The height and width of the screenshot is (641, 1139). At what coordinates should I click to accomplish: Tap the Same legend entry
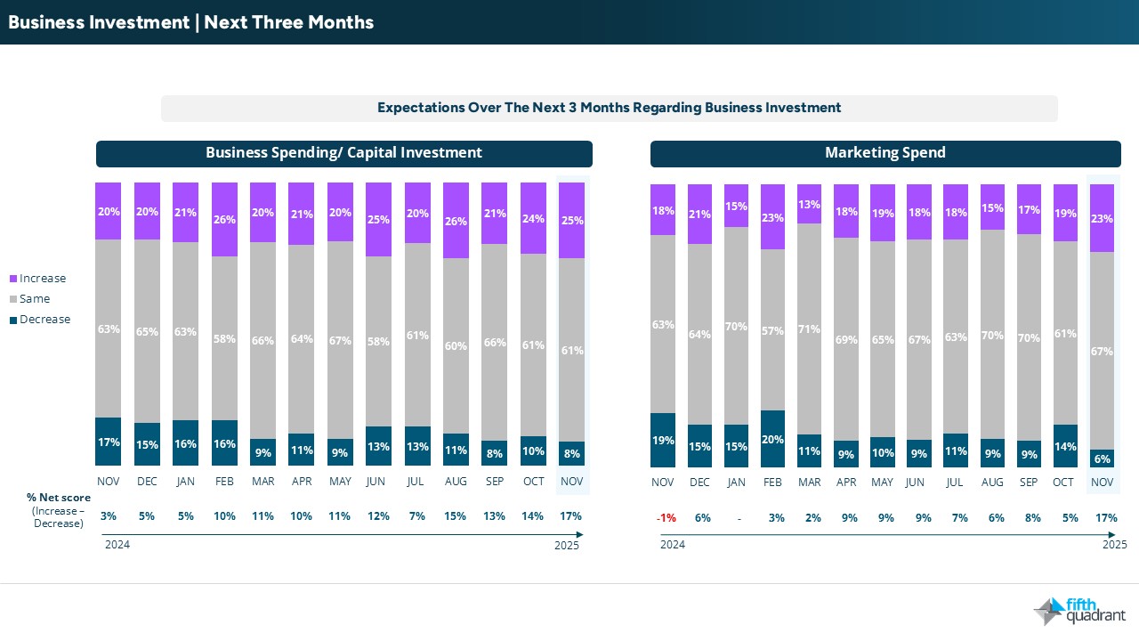tap(35, 299)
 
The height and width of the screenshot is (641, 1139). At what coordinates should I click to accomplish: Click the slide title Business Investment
tap(190, 22)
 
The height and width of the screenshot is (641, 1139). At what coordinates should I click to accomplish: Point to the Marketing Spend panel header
tap(885, 153)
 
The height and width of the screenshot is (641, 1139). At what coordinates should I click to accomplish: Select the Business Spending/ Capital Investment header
tap(343, 153)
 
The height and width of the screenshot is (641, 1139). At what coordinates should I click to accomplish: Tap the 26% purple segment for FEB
tap(224, 219)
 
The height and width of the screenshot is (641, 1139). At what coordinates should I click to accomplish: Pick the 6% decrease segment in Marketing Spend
tap(1102, 458)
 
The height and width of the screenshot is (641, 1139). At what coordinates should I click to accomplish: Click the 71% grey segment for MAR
tap(809, 329)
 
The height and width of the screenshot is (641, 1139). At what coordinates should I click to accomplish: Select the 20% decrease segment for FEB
tap(772, 438)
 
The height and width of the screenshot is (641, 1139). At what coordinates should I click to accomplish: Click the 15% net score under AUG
tap(456, 516)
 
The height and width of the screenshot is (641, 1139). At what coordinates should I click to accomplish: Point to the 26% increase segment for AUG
tap(456, 221)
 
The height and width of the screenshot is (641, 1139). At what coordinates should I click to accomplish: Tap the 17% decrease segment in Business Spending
tap(109, 442)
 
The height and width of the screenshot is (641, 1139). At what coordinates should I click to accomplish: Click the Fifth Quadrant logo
tap(1078, 611)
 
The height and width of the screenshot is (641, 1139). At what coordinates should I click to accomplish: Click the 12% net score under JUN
tap(378, 516)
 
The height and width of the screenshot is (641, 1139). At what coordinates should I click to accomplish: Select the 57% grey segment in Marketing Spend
tap(772, 329)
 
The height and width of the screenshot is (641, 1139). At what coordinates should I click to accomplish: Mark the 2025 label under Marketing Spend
tap(1113, 545)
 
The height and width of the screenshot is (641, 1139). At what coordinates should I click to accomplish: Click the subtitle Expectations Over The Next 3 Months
tap(609, 108)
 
